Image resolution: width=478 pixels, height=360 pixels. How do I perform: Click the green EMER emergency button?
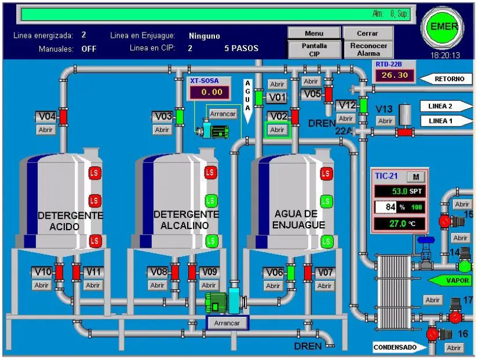(x=444, y=27)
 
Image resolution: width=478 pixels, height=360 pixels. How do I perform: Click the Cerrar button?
(x=367, y=34)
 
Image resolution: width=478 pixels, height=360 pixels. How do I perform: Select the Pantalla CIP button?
(x=314, y=49)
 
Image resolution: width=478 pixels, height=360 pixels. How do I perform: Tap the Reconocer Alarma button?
(x=368, y=49)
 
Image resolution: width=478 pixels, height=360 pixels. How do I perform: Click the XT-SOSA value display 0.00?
(x=208, y=92)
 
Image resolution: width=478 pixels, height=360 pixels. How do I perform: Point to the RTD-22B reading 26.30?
(x=395, y=75)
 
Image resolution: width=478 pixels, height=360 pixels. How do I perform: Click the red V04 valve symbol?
(x=64, y=117)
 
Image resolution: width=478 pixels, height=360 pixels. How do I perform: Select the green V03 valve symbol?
(x=180, y=117)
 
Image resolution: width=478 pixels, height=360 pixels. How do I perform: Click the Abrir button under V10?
(x=42, y=285)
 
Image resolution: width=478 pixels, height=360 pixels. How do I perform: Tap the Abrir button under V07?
(x=324, y=286)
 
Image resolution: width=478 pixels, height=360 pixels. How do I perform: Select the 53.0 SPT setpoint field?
(x=399, y=191)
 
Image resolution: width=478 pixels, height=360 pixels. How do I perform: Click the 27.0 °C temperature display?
(x=399, y=223)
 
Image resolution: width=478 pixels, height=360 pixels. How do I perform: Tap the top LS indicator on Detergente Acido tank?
(x=94, y=173)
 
